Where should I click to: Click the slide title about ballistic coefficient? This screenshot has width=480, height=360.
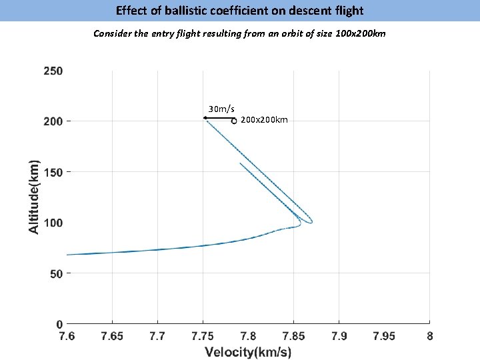pyautogui.click(x=240, y=11)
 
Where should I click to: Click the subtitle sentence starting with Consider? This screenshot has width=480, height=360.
pyautogui.click(x=239, y=33)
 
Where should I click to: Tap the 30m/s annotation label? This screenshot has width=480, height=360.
pyautogui.click(x=221, y=109)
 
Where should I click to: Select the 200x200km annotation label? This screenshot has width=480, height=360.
pyautogui.click(x=264, y=120)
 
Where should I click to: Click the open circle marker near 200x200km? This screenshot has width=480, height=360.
pyautogui.click(x=234, y=121)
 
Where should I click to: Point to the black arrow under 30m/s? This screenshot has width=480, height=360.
pyautogui.click(x=219, y=118)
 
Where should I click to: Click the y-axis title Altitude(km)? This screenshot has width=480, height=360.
pyautogui.click(x=33, y=195)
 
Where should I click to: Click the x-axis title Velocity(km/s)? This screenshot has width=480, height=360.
pyautogui.click(x=248, y=352)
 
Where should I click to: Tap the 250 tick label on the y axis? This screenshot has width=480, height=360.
pyautogui.click(x=53, y=71)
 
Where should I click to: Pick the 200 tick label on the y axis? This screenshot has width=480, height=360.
pyautogui.click(x=53, y=121)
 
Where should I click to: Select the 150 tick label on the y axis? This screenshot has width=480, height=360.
pyautogui.click(x=53, y=172)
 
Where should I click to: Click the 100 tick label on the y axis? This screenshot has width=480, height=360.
pyautogui.click(x=53, y=223)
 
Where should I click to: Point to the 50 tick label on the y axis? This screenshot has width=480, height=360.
pyautogui.click(x=55, y=273)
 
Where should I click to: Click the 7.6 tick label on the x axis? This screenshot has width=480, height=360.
pyautogui.click(x=67, y=336)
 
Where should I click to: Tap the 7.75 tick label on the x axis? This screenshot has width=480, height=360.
pyautogui.click(x=203, y=336)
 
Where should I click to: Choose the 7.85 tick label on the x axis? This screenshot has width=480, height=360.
pyautogui.click(x=293, y=336)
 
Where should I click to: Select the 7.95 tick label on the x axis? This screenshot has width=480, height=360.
pyautogui.click(x=384, y=336)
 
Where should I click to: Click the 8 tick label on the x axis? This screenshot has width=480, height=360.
pyautogui.click(x=430, y=336)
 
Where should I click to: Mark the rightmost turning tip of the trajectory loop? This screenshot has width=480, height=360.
pyautogui.click(x=312, y=221)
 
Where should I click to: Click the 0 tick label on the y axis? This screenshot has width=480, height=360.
pyautogui.click(x=59, y=324)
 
